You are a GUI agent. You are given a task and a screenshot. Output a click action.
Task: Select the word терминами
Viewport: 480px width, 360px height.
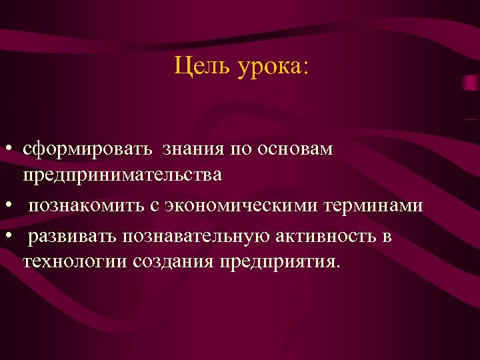(x=374, y=205)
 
